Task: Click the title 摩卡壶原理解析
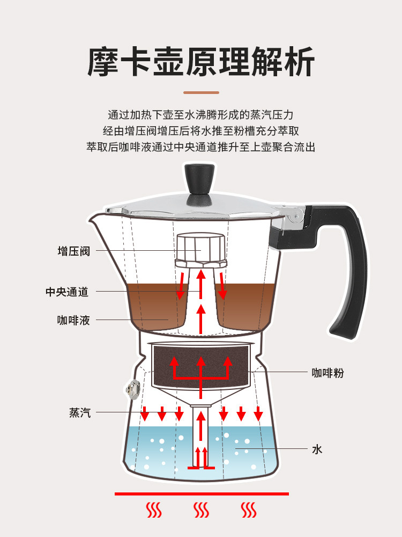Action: pyautogui.click(x=200, y=62)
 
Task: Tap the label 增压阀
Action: pyautogui.click(x=74, y=251)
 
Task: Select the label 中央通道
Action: pyautogui.click(x=67, y=292)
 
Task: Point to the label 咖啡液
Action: pyautogui.click(x=74, y=321)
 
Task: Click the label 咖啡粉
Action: pyautogui.click(x=327, y=373)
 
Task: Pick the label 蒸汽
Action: pyautogui.click(x=80, y=412)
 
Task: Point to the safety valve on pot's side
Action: pyautogui.click(x=131, y=390)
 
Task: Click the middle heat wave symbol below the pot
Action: pyautogui.click(x=201, y=510)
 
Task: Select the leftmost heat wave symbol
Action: pyautogui.click(x=154, y=510)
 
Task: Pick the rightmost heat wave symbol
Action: pyautogui.click(x=248, y=510)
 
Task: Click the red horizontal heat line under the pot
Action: pyautogui.click(x=202, y=493)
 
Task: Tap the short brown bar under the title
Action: pyautogui.click(x=200, y=92)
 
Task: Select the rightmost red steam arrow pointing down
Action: pyautogui.click(x=258, y=413)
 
